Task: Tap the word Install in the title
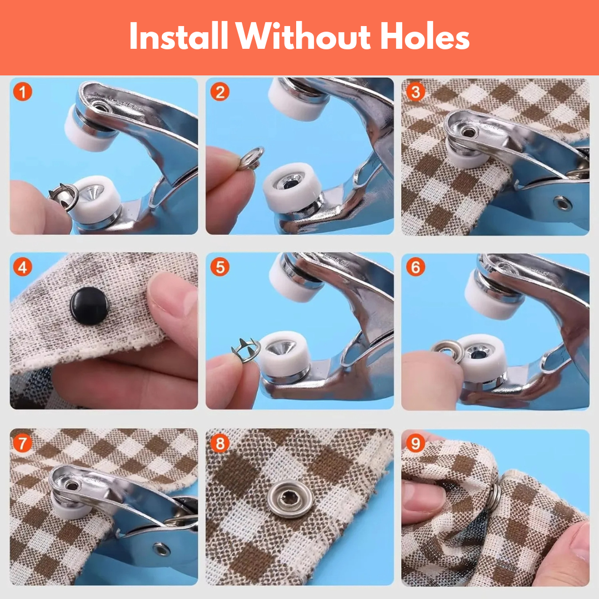point(177,37)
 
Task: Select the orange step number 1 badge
point(22,92)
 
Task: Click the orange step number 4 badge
point(22,267)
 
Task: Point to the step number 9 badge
point(415,443)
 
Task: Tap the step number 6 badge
point(415,267)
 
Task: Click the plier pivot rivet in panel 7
point(161,549)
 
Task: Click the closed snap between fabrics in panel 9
point(493,495)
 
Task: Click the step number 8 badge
point(220,443)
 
